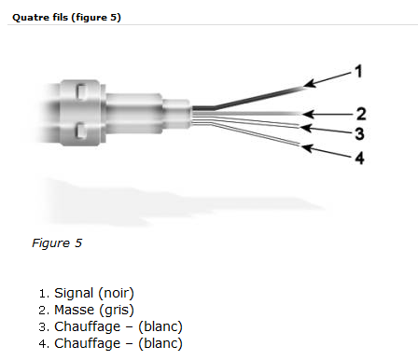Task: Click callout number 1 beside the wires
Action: (359, 71)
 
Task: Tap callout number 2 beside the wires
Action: (361, 114)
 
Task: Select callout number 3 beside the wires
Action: (359, 133)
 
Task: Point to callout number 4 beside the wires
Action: (359, 158)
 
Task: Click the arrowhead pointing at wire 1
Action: (309, 83)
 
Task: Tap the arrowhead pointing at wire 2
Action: (308, 114)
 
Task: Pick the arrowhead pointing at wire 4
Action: (307, 148)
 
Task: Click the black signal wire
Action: (249, 99)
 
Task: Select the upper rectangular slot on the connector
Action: (82, 92)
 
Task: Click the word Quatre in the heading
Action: (27, 18)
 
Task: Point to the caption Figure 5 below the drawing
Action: (57, 242)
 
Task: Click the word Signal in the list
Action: (74, 293)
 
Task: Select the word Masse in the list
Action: (74, 310)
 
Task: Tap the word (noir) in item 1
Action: (116, 293)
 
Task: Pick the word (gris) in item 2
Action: (117, 310)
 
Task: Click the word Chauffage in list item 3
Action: (88, 326)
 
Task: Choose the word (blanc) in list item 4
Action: (160, 343)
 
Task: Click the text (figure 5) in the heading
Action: (96, 18)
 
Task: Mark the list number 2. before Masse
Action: (44, 311)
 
